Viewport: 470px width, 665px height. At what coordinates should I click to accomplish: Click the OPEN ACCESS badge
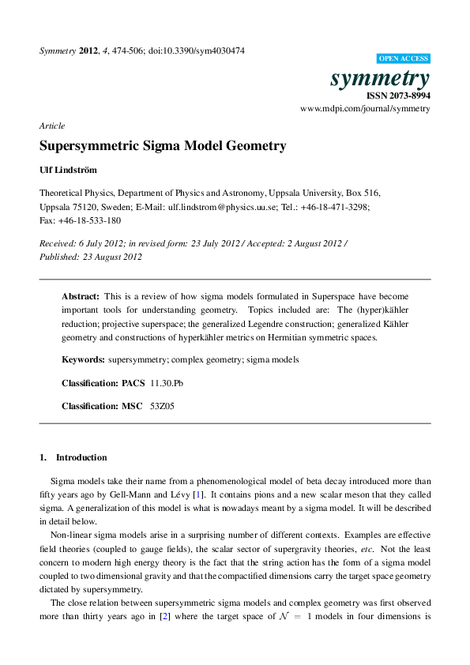pos(404,58)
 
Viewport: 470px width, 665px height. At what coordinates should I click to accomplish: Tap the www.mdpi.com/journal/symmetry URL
pos(366,108)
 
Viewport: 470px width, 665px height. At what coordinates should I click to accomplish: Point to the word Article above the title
pos(52,126)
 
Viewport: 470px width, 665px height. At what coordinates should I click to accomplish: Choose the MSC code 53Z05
pos(163,406)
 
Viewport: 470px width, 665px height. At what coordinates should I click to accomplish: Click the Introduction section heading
pos(81,457)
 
